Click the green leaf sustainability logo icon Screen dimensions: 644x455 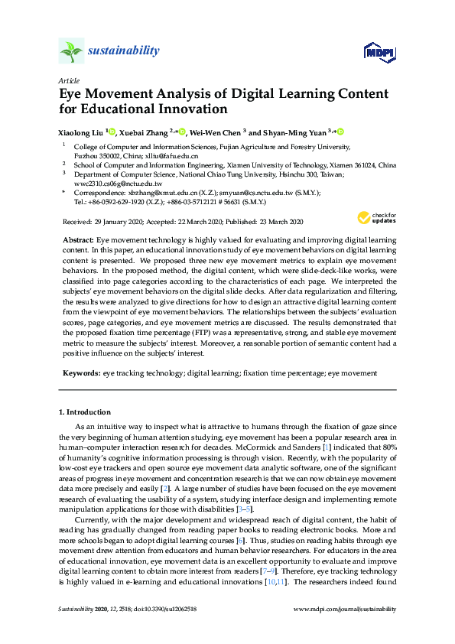71,50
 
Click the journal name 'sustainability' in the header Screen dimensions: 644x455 124,51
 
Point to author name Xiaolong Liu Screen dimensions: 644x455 80,132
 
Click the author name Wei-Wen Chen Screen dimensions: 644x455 217,132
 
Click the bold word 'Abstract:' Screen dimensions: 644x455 78,240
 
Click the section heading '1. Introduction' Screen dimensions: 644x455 86,412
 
